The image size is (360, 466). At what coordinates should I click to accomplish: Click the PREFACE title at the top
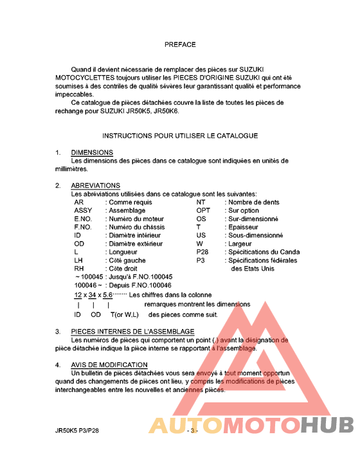click(x=180, y=45)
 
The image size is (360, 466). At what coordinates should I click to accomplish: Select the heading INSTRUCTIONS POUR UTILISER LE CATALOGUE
click(x=180, y=136)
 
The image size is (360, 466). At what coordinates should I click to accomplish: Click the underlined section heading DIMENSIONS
click(x=92, y=153)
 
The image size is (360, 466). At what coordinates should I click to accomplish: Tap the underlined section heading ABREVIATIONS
click(x=96, y=186)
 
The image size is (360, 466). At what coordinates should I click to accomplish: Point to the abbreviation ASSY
click(x=83, y=210)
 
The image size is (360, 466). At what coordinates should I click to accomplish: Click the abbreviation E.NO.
click(x=84, y=219)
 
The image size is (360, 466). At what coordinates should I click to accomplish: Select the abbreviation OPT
click(x=203, y=210)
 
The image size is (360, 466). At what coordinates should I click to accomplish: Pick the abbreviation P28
click(x=203, y=252)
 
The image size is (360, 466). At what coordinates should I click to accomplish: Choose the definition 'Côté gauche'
click(x=127, y=260)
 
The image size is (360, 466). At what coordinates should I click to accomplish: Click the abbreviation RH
click(x=80, y=269)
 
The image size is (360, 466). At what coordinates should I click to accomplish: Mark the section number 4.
click(x=57, y=364)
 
